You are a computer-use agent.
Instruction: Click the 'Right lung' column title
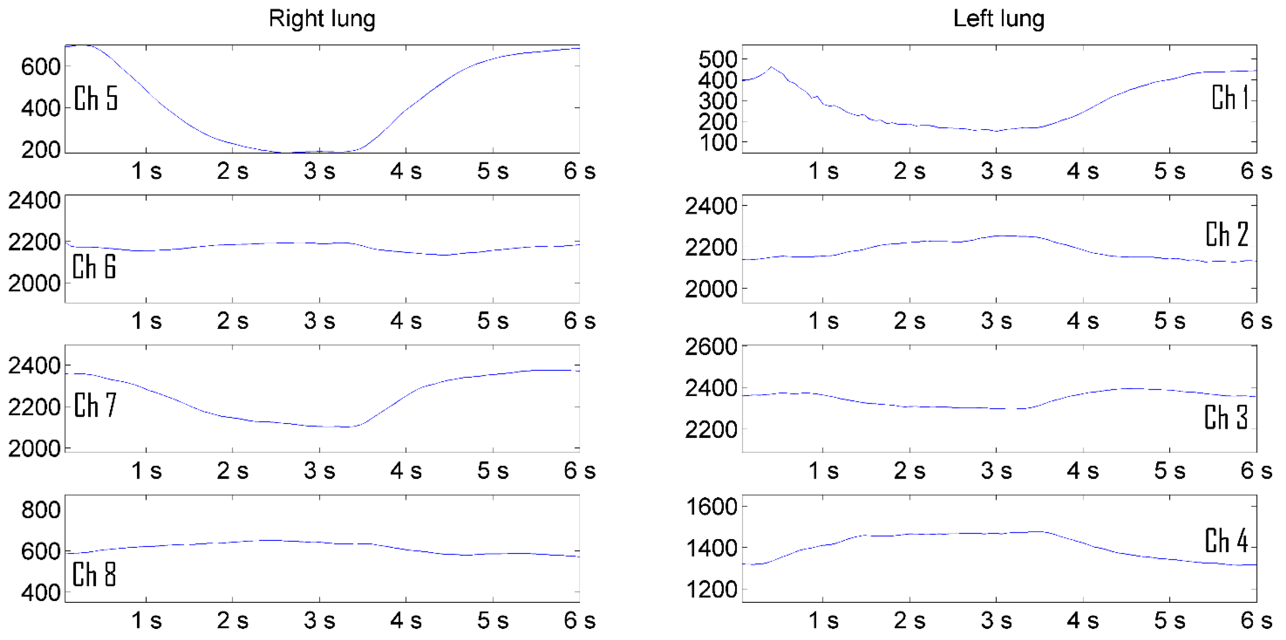(322, 19)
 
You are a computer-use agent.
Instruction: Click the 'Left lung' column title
(998, 19)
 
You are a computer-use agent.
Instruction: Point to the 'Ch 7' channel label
(95, 405)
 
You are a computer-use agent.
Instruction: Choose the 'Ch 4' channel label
(1226, 541)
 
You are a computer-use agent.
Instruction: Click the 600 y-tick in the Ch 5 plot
(41, 66)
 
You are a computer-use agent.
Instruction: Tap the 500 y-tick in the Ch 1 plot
(717, 60)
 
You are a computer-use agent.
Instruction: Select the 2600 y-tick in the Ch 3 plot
(711, 346)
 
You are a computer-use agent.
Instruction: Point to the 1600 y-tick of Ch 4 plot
(711, 507)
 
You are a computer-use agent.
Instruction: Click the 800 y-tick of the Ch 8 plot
(41, 510)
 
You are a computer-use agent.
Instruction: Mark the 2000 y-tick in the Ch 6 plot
(34, 284)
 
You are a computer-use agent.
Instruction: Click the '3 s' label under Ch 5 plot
(319, 171)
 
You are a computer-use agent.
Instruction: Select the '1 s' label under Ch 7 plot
(146, 471)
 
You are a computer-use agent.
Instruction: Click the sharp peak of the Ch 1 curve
(771, 67)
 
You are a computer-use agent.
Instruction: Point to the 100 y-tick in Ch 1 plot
(717, 143)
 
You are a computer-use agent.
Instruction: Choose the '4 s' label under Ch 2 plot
(1083, 321)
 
